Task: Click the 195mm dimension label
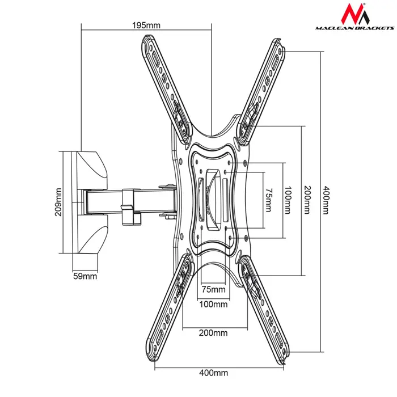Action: (146, 25)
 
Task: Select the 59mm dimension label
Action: (85, 277)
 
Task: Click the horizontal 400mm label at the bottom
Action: (214, 373)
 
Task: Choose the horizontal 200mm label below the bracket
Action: (213, 333)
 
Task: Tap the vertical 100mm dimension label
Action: (288, 201)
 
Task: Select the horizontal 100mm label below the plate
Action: (214, 304)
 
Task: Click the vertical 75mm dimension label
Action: (269, 201)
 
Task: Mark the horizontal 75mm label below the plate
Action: (214, 290)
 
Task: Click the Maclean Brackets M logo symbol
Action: (353, 15)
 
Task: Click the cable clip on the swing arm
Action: (129, 205)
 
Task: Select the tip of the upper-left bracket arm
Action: (147, 43)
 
